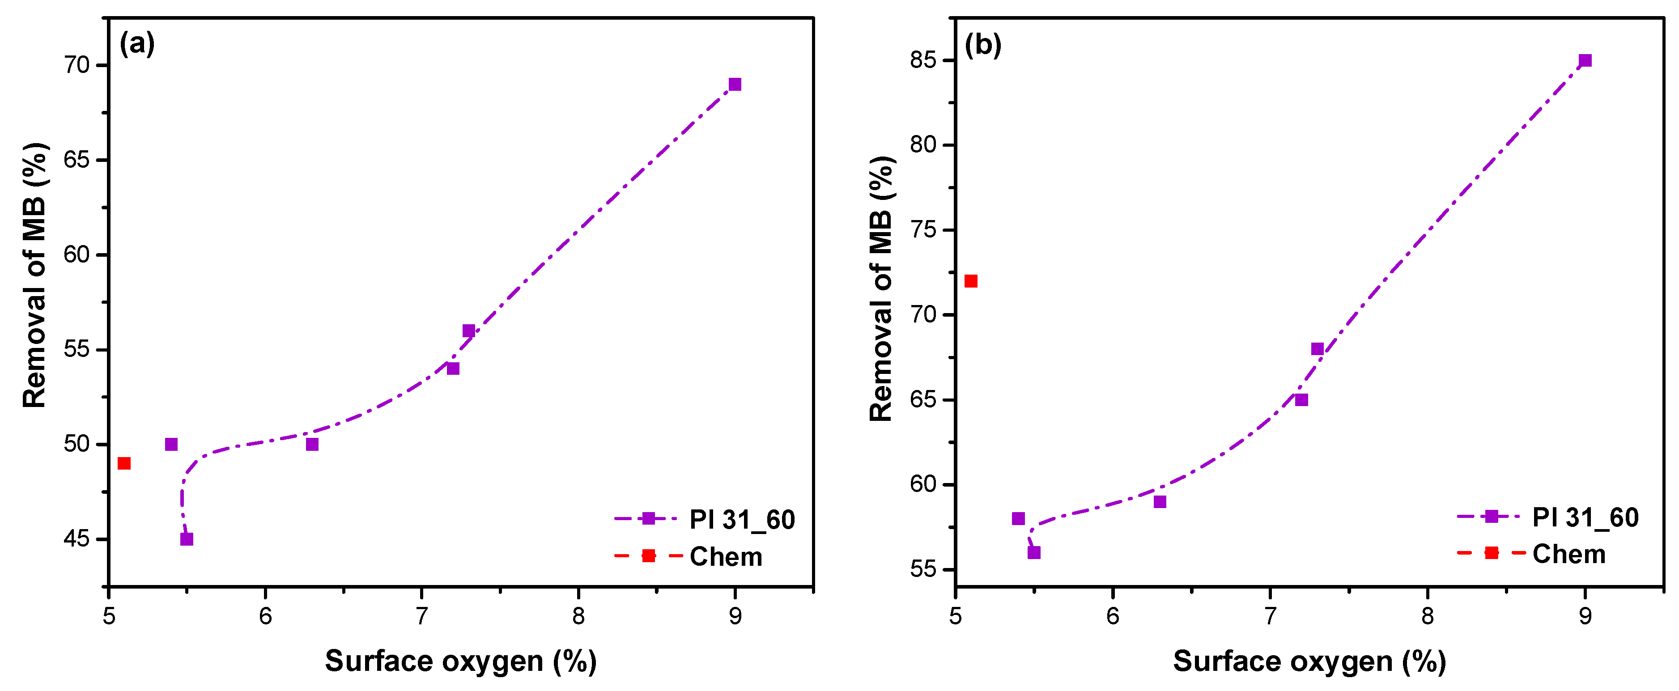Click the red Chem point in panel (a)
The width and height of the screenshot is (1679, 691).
tap(124, 463)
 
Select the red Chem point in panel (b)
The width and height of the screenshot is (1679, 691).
tap(970, 281)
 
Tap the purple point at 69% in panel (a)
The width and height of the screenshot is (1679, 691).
tap(735, 84)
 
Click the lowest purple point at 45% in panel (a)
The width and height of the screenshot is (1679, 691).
tap(187, 539)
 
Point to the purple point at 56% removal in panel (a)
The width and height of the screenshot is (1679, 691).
tap(469, 331)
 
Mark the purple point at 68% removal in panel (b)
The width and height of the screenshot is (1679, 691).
tap(1317, 349)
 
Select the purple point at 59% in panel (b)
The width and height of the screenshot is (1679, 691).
tap(1160, 502)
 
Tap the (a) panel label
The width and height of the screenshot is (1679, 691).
tap(137, 44)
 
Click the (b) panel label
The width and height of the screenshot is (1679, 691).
tap(982, 46)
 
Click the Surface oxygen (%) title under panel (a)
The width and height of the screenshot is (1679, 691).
tap(461, 661)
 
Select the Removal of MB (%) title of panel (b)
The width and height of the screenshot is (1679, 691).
tap(881, 289)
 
